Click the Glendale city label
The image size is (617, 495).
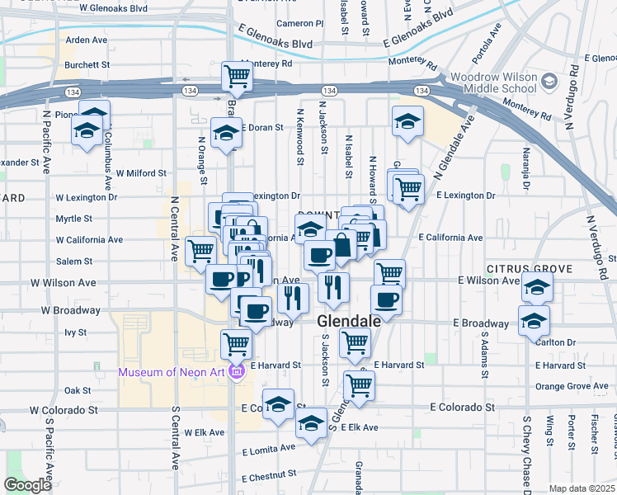(350, 321)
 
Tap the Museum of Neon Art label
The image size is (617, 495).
(172, 372)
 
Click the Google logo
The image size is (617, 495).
(27, 485)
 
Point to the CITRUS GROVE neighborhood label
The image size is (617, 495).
(529, 270)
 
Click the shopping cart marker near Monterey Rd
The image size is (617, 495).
(237, 76)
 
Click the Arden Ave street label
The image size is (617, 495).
(87, 40)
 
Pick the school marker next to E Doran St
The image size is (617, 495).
(225, 133)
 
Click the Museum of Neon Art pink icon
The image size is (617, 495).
(237, 372)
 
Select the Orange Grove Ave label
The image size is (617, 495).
(571, 386)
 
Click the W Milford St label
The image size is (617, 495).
(141, 174)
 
